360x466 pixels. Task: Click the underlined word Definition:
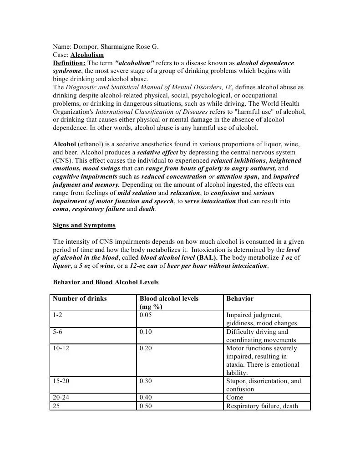[69, 63]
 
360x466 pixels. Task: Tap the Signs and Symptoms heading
[84, 225]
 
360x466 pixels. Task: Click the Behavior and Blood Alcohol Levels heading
[106, 282]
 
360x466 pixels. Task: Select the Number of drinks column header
[80, 298]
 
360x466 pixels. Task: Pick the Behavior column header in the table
[240, 298]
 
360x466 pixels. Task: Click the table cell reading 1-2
[58, 315]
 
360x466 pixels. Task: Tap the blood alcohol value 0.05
[146, 315]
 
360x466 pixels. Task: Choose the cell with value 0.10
[146, 332]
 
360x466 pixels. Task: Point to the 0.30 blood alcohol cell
[146, 381]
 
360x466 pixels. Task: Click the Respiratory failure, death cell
[262, 406]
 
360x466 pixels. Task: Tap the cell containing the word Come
[234, 397]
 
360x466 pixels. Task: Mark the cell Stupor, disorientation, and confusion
[263, 385]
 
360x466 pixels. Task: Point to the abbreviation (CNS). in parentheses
[61, 160]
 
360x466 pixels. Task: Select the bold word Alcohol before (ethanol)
[65, 144]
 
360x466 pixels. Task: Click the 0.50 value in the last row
[146, 406]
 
